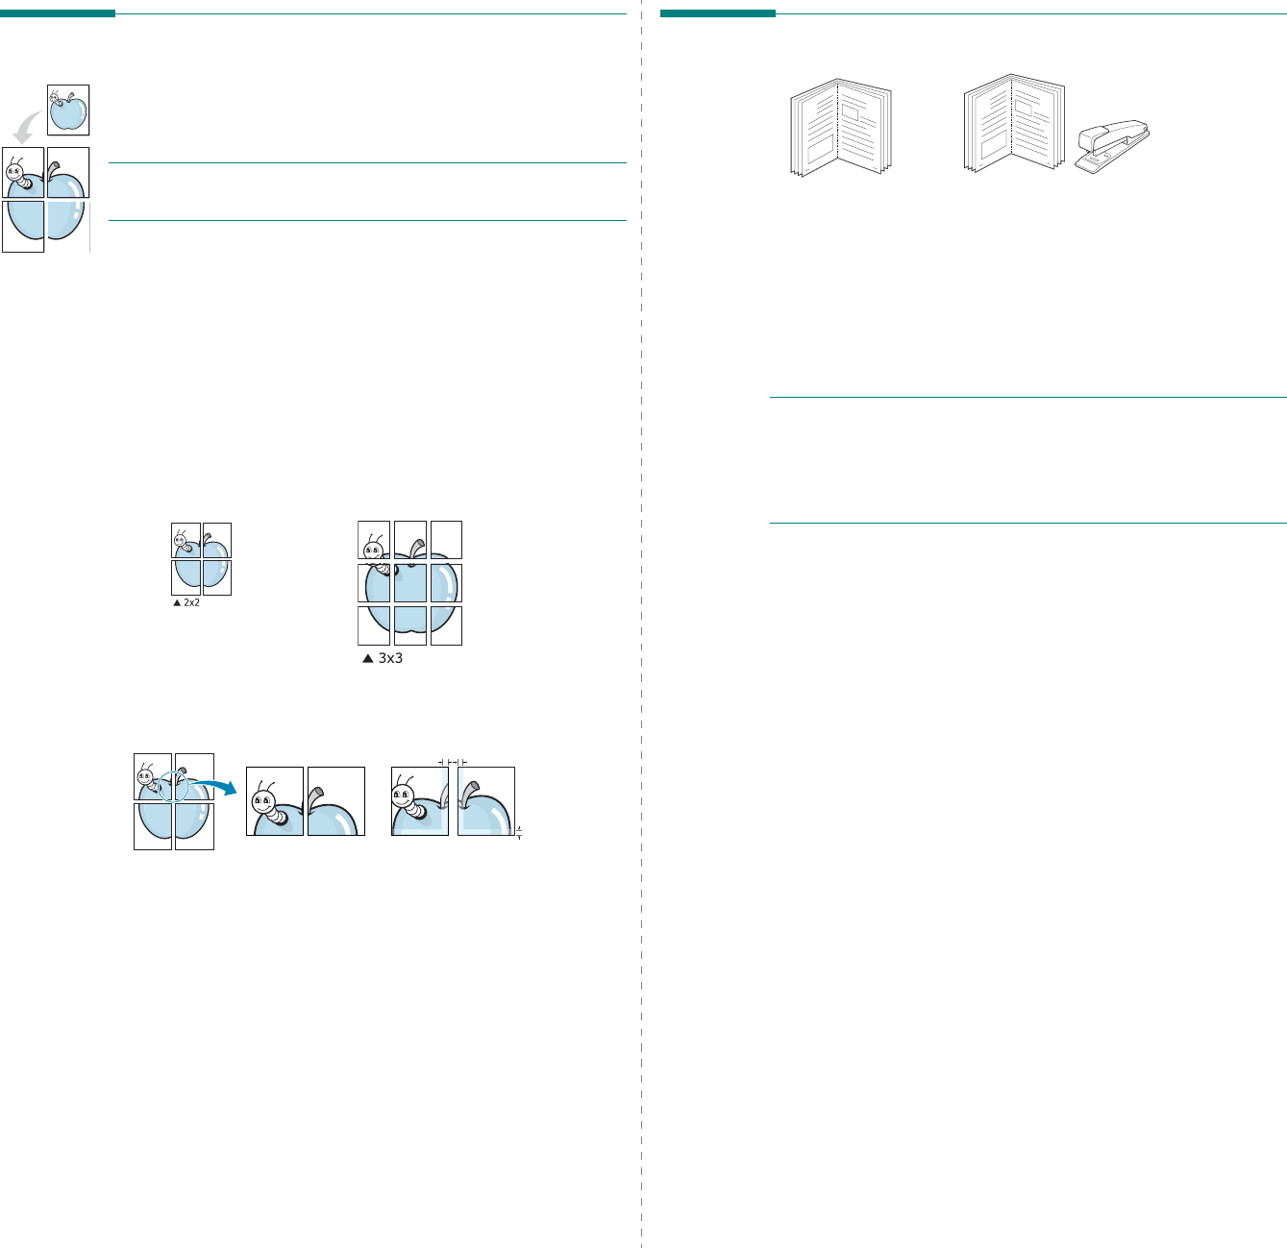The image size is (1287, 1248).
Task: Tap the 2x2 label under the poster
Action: click(x=191, y=602)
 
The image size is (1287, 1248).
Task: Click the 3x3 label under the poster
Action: click(x=389, y=659)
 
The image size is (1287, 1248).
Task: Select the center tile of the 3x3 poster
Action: click(x=410, y=583)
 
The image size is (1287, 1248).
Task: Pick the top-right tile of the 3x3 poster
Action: click(x=446, y=540)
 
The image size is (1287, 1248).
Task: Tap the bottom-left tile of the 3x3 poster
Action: click(x=374, y=625)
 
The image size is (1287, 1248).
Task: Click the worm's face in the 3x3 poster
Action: click(x=373, y=551)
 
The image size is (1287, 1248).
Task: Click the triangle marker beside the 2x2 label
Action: click(x=177, y=602)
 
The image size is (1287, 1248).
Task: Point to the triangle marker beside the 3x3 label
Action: click(x=366, y=659)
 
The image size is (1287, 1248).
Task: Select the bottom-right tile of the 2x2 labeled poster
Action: click(x=216, y=577)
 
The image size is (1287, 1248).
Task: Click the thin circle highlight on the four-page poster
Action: click(x=173, y=785)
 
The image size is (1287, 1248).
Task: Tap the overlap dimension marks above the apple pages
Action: click(x=453, y=761)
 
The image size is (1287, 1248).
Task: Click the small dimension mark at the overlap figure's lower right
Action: click(x=519, y=832)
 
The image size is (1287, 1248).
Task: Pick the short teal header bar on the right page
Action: click(x=717, y=13)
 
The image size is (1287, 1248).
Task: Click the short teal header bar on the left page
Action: click(x=57, y=13)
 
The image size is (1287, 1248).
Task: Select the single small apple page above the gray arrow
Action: click(x=68, y=110)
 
